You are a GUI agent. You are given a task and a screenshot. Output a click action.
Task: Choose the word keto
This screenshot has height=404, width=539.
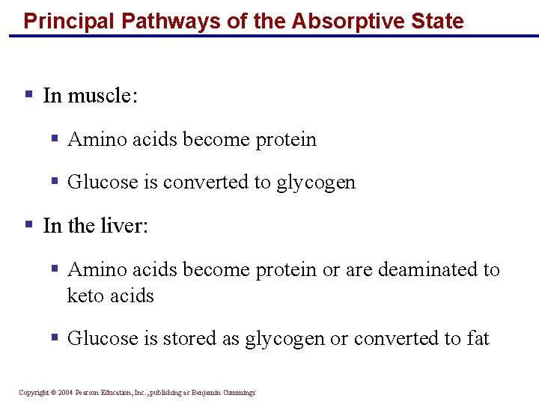tap(83, 296)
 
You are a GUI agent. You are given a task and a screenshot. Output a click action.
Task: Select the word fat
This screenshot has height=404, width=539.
tap(477, 338)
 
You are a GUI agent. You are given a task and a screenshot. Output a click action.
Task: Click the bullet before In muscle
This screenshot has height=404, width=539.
tap(28, 95)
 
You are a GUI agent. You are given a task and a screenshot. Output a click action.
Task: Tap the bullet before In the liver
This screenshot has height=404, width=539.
tap(28, 224)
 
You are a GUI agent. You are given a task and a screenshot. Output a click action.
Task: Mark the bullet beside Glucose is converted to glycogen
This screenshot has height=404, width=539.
tap(55, 181)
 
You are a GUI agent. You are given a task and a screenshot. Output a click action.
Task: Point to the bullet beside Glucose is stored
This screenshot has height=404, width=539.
tap(55, 337)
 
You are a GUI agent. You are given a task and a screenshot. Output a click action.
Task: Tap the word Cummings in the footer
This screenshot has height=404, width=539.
tap(238, 392)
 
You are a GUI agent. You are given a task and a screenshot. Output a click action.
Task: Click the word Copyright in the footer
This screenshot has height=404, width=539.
tap(34, 392)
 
